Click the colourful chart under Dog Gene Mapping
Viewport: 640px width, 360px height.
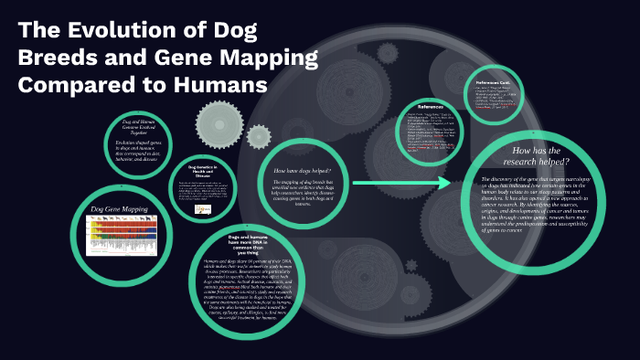point(122,236)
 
